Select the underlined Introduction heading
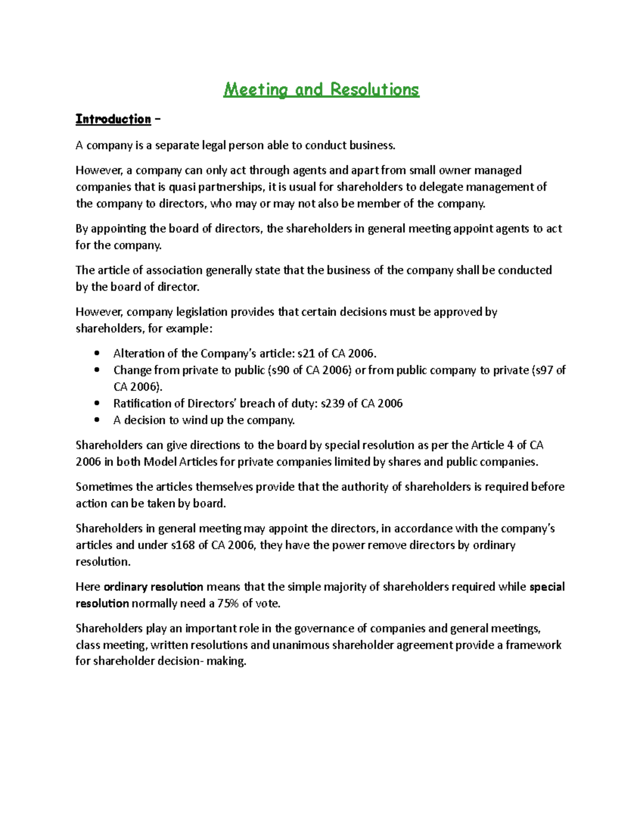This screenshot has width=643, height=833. coord(113,119)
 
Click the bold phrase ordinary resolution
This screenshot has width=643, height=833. coord(153,587)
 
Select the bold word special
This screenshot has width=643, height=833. coord(547,587)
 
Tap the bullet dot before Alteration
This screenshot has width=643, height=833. coord(97,353)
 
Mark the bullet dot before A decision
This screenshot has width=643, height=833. coord(97,420)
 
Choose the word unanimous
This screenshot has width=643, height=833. coord(301,645)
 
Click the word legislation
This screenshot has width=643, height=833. coord(206,312)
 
